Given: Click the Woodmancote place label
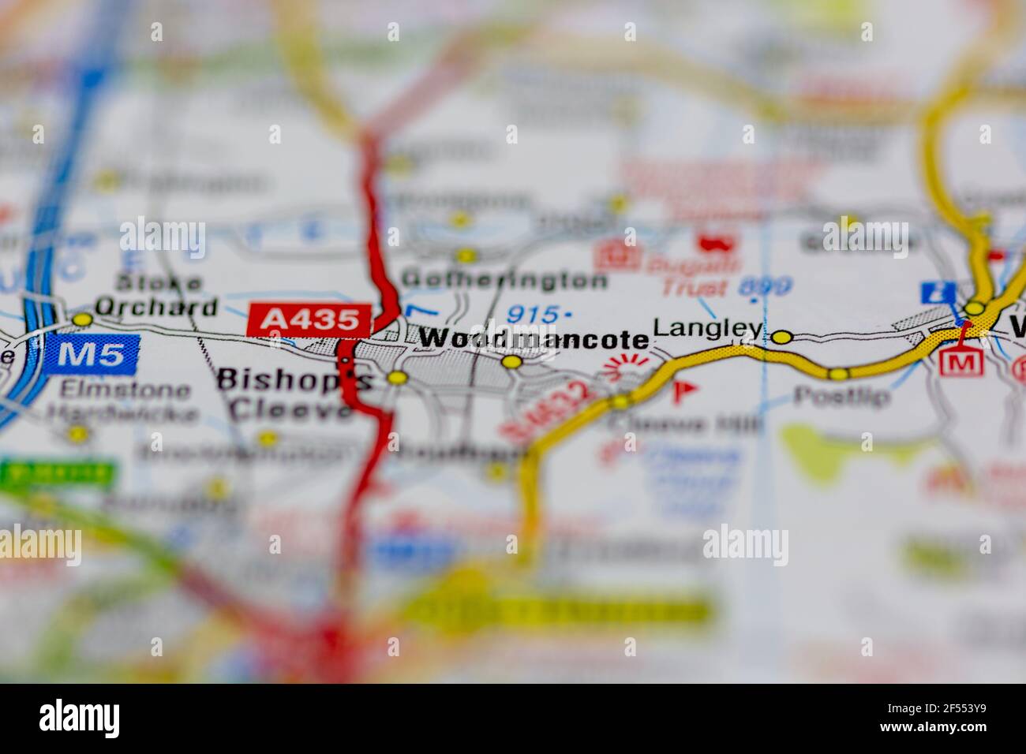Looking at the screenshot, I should point(534,339).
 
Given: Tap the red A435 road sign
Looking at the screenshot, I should point(309,319).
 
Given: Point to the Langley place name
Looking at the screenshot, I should point(708,328).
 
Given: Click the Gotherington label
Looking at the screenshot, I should point(504,279).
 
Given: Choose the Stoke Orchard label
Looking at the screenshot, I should point(155,295).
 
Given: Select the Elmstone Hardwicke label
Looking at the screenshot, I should point(118,401).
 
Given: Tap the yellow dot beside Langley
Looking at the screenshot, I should point(781,338).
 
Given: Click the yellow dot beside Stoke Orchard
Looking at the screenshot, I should point(82,319).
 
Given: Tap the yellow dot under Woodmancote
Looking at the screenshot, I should point(512,362).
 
